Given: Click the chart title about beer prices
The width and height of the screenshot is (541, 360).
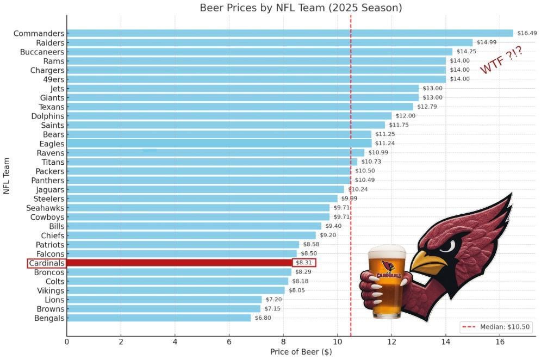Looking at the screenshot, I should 301,8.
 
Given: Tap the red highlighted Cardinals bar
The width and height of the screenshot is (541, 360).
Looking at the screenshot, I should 179,263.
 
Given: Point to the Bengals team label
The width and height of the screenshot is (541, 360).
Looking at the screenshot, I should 49,318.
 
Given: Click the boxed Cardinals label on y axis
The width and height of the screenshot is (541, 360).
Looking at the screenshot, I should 46,263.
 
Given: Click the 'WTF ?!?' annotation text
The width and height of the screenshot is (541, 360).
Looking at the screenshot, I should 501,60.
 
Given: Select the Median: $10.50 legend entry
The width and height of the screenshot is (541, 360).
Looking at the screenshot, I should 496,327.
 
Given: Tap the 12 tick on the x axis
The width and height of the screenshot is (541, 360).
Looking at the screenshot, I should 391,342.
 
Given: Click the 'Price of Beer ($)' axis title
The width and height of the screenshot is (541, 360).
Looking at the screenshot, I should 301,352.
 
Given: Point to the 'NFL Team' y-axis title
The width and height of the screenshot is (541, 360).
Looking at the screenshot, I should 7,176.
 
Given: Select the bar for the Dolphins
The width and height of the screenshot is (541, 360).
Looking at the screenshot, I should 229,116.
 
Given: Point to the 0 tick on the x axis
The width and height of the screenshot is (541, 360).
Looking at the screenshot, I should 67,342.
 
